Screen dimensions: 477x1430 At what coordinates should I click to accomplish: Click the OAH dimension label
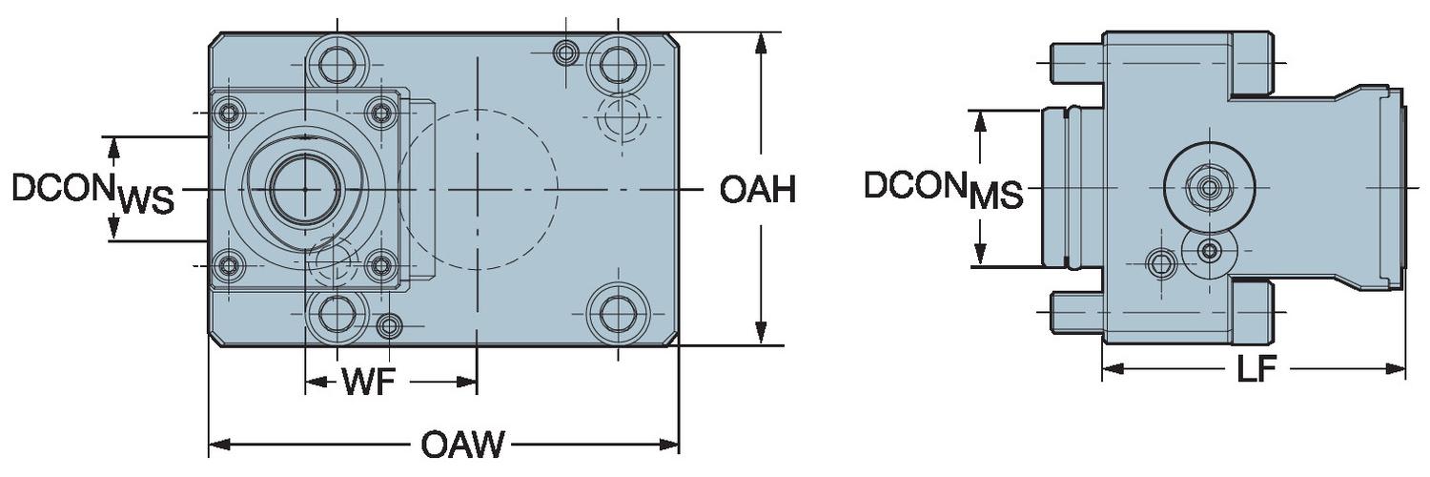coord(757,190)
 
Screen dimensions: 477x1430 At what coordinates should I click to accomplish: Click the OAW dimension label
coord(463,445)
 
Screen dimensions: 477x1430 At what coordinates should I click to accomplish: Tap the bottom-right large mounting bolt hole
coord(617,314)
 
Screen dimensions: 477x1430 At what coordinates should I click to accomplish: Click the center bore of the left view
coord(304,189)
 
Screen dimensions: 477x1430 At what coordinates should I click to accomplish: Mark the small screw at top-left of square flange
coord(228,114)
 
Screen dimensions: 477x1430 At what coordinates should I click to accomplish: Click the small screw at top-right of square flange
coord(381,114)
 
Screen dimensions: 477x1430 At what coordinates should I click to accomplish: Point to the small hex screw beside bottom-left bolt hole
coord(389,327)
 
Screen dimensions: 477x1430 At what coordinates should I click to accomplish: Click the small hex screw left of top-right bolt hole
coord(566,52)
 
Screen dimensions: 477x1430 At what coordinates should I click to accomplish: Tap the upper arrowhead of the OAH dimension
coord(761,41)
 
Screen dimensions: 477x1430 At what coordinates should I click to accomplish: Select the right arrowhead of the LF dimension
coord(1400,369)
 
